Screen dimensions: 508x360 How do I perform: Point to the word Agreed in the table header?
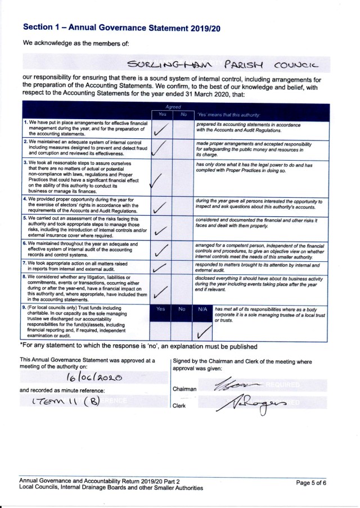(x=172, y=105)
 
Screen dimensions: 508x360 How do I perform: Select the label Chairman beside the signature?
(x=184, y=388)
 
